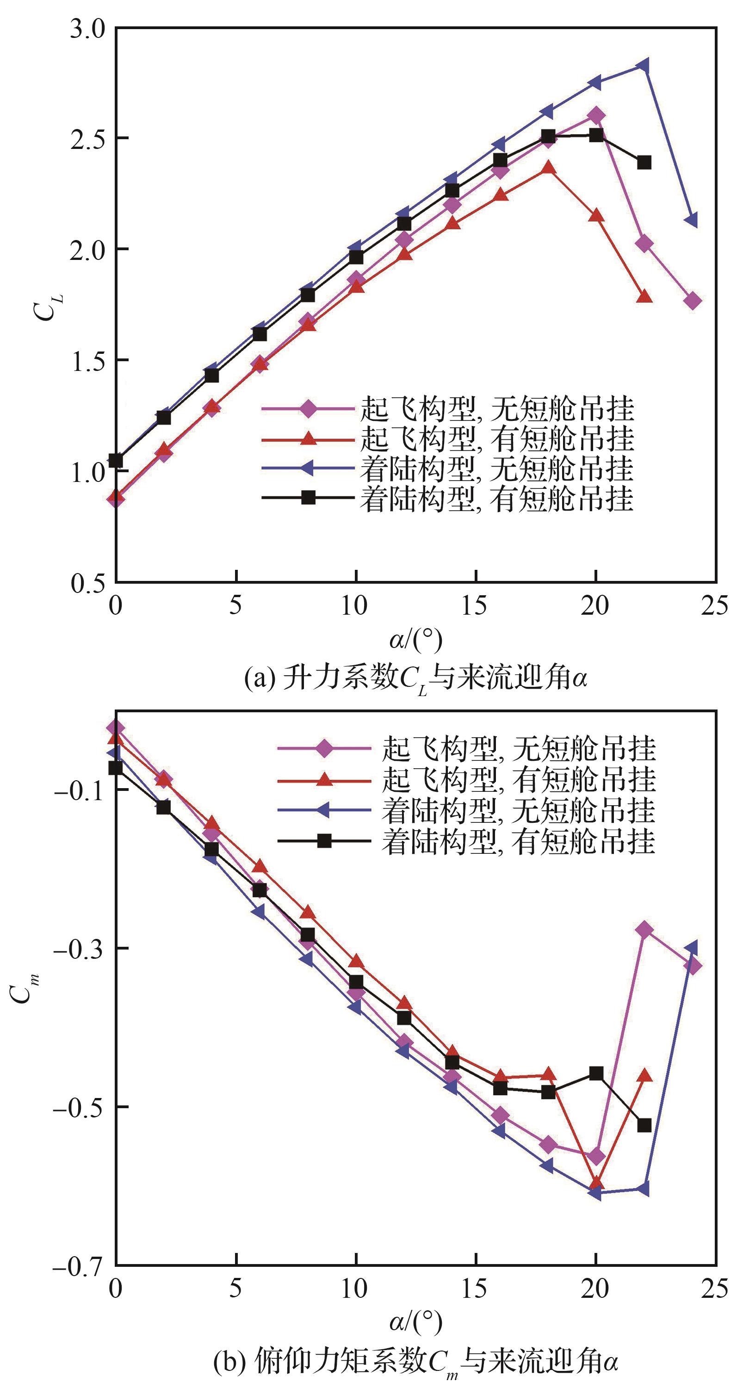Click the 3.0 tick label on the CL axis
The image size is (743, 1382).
point(88,28)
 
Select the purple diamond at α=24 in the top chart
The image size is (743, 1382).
point(693,301)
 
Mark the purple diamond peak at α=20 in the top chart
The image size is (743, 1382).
point(596,115)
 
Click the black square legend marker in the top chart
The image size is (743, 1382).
point(308,497)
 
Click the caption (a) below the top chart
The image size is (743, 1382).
point(416,678)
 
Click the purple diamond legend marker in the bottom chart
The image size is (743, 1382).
point(324,747)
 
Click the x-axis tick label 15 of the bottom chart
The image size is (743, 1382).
point(474,1289)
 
